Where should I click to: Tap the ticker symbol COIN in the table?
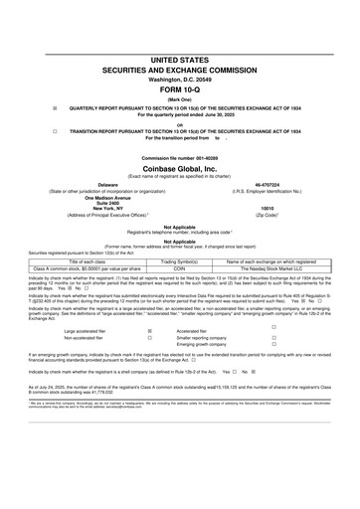pyautogui.click(x=181, y=268)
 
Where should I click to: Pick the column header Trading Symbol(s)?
pyautogui.click(x=181, y=261)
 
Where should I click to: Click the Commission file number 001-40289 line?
pyautogui.click(x=180, y=159)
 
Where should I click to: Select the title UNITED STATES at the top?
pyautogui.click(x=180, y=60)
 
